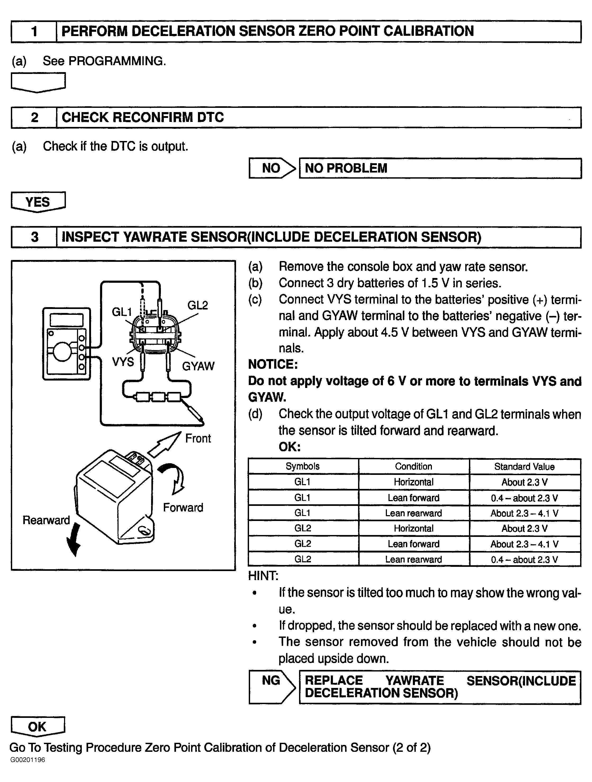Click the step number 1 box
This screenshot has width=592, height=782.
[34, 32]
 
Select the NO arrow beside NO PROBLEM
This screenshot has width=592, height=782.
[272, 168]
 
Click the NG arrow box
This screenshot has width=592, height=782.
[272, 687]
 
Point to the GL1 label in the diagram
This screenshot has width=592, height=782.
[121, 312]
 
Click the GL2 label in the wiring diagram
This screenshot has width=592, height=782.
[197, 305]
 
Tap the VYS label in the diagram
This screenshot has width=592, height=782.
[123, 362]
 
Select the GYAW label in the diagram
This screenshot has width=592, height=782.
[198, 366]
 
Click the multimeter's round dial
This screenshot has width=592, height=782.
[62, 352]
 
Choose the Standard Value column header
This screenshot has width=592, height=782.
[524, 467]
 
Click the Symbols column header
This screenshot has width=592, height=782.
[302, 466]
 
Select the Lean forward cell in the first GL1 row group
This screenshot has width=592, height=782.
[413, 498]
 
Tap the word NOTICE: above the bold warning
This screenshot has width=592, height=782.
[273, 364]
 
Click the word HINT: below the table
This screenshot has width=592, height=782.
[263, 576]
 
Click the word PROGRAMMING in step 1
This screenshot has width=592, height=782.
[116, 61]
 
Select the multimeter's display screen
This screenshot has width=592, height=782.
[66, 320]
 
